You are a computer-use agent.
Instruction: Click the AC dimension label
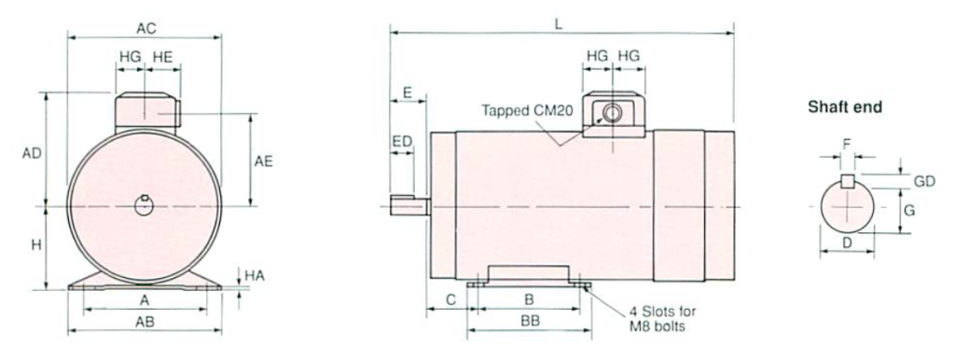(145, 29)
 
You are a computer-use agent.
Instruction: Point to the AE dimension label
(264, 160)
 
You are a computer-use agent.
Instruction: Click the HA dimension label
(253, 276)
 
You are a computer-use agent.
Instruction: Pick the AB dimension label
(145, 323)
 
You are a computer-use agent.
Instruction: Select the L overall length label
(558, 25)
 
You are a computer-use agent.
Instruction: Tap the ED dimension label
(402, 141)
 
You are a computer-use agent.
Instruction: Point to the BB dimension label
(529, 321)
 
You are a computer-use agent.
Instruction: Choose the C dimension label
(450, 300)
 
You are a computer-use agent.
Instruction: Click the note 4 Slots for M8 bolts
(660, 319)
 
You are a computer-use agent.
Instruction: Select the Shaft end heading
(844, 107)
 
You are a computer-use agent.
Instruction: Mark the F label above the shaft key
(847, 145)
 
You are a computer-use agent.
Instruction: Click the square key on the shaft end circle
(847, 181)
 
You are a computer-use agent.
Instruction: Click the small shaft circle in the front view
(144, 205)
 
